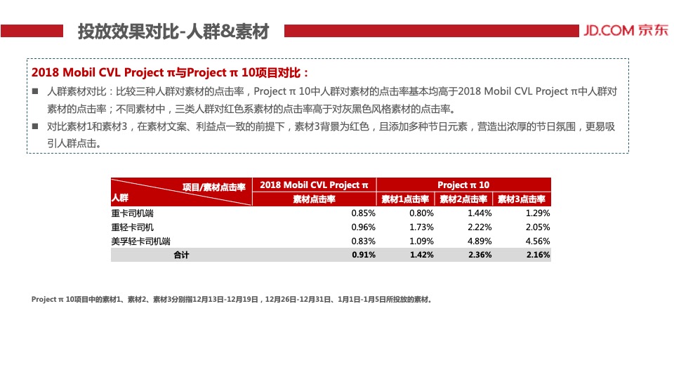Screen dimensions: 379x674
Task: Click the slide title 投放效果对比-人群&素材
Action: tap(173, 32)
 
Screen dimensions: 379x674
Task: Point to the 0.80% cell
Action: tap(421, 213)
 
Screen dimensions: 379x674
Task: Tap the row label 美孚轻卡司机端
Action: tap(140, 241)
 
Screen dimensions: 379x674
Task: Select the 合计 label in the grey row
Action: tap(181, 255)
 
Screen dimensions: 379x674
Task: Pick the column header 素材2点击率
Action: tap(463, 199)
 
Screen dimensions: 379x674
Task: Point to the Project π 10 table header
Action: tap(463, 185)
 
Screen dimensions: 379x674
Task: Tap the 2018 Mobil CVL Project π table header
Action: tap(314, 185)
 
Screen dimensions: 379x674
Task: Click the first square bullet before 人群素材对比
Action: tap(35, 92)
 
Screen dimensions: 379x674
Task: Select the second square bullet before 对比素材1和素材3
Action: tap(35, 127)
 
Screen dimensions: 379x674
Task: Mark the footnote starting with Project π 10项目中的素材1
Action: tap(231, 299)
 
